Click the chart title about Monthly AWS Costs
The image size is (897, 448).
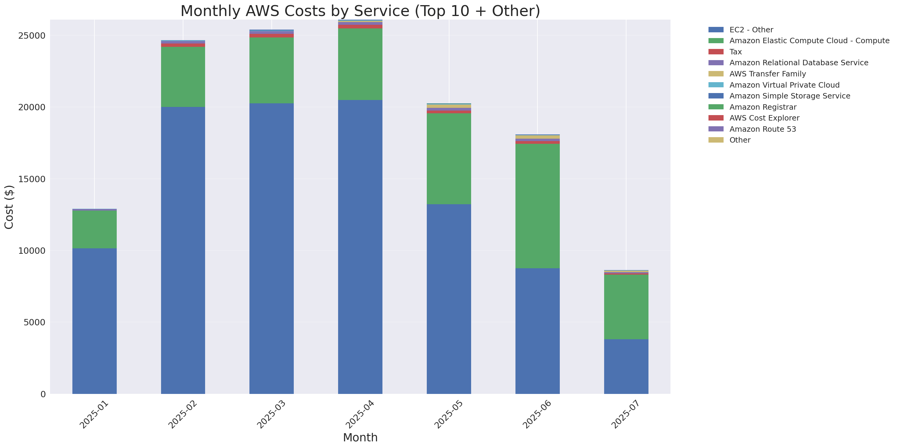point(360,11)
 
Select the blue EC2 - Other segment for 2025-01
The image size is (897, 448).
point(94,321)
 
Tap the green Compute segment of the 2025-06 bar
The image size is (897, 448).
point(537,206)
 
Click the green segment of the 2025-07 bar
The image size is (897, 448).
point(626,307)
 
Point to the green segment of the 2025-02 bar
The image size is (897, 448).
point(183,77)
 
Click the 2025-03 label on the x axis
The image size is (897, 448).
point(271,414)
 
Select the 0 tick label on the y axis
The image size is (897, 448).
point(43,394)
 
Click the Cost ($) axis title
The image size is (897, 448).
point(9,207)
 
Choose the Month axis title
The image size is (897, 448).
point(360,437)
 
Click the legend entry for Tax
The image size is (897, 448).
point(735,52)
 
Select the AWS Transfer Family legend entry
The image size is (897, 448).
point(768,74)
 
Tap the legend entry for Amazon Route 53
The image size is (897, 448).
point(762,129)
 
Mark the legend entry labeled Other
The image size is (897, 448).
point(740,140)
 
